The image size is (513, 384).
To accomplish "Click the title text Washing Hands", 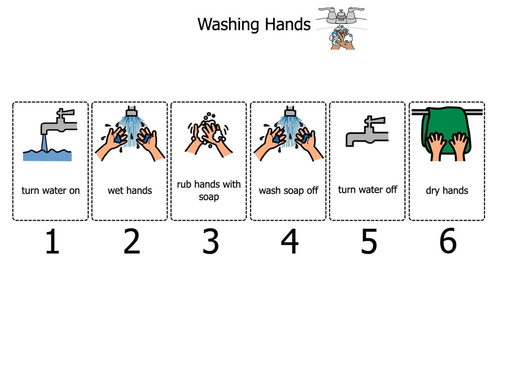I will [x=254, y=24].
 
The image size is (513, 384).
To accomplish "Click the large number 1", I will [x=52, y=242].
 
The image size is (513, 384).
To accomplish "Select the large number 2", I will [x=131, y=242].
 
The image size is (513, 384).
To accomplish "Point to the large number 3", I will [x=210, y=242].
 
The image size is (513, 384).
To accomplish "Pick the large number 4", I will [x=289, y=242].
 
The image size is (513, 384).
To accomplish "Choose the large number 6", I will [x=448, y=241].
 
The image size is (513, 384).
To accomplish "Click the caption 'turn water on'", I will [x=50, y=190].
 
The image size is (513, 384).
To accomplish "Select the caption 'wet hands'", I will [x=130, y=190].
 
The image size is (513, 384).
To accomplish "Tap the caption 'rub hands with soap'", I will [x=209, y=190].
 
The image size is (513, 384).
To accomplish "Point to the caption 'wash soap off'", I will [x=288, y=190].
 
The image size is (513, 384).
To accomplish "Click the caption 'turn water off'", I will [x=368, y=190].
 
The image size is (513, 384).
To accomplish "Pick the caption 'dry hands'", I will [x=447, y=190].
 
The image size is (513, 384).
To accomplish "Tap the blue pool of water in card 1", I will [x=47, y=155].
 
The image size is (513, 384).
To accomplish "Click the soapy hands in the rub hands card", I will [x=208, y=133].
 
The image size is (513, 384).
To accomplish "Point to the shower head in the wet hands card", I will [x=131, y=111].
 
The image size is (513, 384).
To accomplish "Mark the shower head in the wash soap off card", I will [x=290, y=111].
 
